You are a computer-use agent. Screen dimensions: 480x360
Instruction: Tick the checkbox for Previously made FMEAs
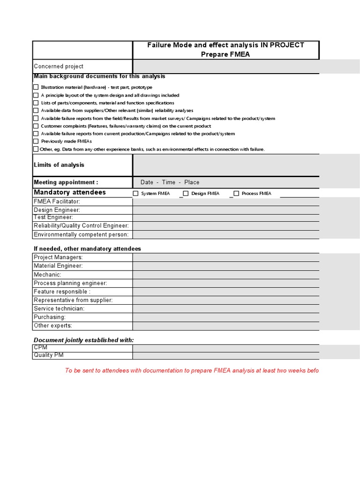[36, 141]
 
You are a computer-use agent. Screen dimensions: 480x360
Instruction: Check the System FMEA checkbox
[136, 193]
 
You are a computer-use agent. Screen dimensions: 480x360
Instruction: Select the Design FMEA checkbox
[186, 193]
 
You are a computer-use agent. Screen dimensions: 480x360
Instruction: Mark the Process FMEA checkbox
[236, 193]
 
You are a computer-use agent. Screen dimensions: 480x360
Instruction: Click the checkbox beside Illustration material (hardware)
[36, 87]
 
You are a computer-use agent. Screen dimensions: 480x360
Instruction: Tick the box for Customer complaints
[36, 126]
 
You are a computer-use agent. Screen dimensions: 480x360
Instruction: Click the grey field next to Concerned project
[226, 67]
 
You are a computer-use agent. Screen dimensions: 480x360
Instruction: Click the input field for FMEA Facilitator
[226, 202]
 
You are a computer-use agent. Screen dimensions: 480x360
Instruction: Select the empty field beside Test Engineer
[226, 217]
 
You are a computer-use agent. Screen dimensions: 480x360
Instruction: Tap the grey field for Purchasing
[226, 317]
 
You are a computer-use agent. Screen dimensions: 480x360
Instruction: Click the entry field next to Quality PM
[226, 355]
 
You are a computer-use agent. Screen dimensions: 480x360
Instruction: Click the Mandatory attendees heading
[70, 193]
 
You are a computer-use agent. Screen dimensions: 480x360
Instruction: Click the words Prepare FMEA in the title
[226, 54]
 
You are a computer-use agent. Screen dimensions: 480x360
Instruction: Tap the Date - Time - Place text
[170, 182]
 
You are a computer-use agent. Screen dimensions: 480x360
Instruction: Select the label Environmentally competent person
[81, 234]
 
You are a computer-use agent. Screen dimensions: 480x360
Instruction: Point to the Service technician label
[59, 308]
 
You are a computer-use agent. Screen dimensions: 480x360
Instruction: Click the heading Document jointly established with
[83, 340]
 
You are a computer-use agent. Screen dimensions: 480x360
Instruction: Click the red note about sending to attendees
[192, 370]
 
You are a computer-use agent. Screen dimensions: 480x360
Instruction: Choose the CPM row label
[40, 347]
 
